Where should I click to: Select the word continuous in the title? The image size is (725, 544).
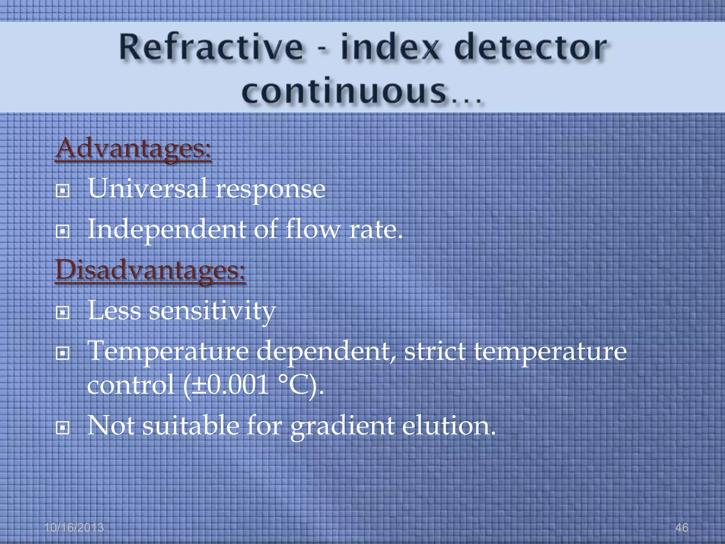click(343, 91)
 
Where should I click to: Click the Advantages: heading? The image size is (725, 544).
click(133, 149)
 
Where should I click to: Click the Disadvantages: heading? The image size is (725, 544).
click(150, 270)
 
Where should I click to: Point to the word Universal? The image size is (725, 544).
click(147, 188)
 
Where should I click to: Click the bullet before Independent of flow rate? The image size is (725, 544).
click(63, 232)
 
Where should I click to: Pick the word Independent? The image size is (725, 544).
click(166, 229)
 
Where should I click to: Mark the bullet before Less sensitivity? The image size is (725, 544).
click(63, 313)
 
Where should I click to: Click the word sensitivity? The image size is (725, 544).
click(212, 311)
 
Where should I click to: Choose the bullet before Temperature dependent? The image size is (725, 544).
click(63, 353)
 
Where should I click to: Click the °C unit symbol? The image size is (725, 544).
click(296, 385)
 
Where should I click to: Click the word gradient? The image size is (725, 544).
click(342, 426)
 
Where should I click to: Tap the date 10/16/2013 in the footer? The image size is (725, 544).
click(74, 527)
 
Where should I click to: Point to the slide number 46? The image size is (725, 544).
click(681, 527)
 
